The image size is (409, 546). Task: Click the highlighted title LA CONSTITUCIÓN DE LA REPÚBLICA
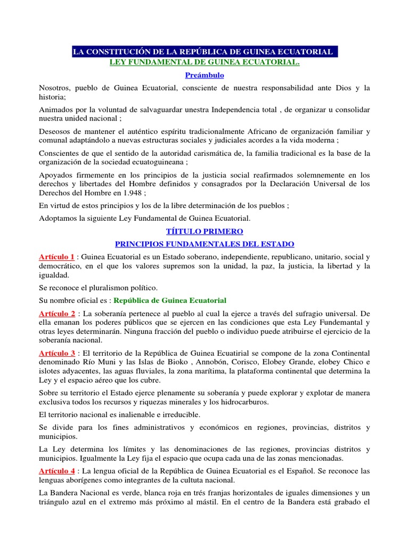click(x=204, y=52)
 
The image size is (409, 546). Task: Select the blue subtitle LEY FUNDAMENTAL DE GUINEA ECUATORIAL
click(x=204, y=62)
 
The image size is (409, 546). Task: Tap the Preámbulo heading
click(x=204, y=75)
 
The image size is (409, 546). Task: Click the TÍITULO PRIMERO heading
click(x=204, y=231)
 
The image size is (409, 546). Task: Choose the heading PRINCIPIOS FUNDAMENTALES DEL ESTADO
click(x=204, y=244)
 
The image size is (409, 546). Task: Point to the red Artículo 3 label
click(x=57, y=353)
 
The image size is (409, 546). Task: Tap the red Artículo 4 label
click(x=57, y=471)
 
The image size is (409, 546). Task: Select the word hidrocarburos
click(x=242, y=402)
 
